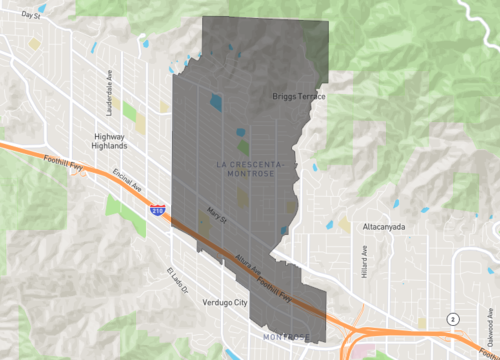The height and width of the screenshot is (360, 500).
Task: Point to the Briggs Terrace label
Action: (299, 96)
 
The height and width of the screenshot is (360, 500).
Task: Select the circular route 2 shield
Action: (453, 318)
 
